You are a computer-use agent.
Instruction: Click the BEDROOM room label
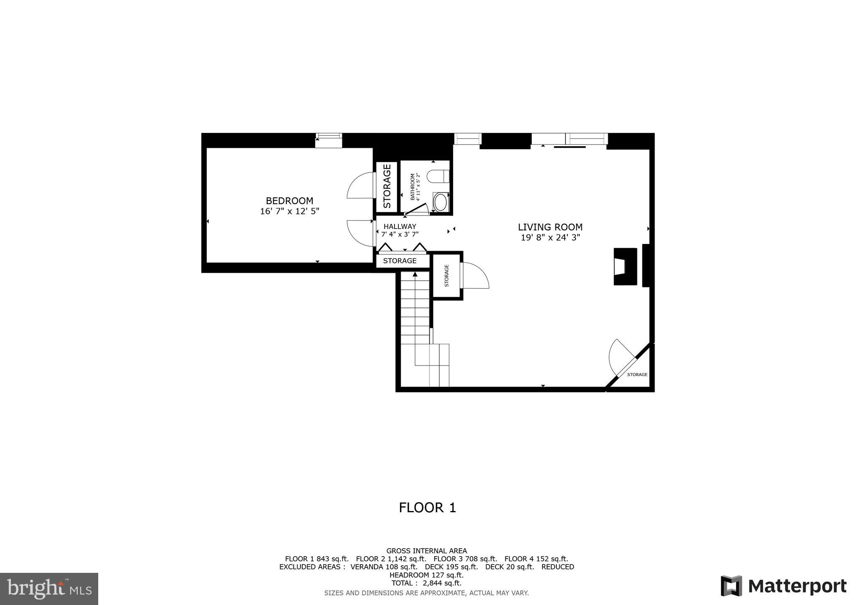click(289, 201)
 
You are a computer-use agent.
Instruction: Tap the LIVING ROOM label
click(550, 227)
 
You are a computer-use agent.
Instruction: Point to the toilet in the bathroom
click(438, 176)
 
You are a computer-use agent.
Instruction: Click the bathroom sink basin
click(440, 203)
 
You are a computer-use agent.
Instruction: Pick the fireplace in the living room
click(625, 267)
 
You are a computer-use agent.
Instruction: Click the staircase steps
click(415, 309)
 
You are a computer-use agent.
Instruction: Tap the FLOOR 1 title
click(427, 508)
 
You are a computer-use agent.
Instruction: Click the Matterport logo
click(783, 586)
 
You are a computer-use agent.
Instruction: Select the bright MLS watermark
click(49, 589)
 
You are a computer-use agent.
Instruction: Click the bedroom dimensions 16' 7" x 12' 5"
click(289, 211)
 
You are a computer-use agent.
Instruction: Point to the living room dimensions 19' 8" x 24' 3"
click(550, 238)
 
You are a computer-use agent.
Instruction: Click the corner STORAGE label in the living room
click(637, 375)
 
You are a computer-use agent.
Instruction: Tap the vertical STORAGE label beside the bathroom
click(387, 186)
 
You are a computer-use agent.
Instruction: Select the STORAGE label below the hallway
click(400, 261)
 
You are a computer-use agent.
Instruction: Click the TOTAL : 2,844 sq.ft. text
click(426, 583)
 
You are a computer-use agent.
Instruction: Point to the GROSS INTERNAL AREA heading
click(426, 551)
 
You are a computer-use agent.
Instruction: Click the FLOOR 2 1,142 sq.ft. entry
click(391, 559)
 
